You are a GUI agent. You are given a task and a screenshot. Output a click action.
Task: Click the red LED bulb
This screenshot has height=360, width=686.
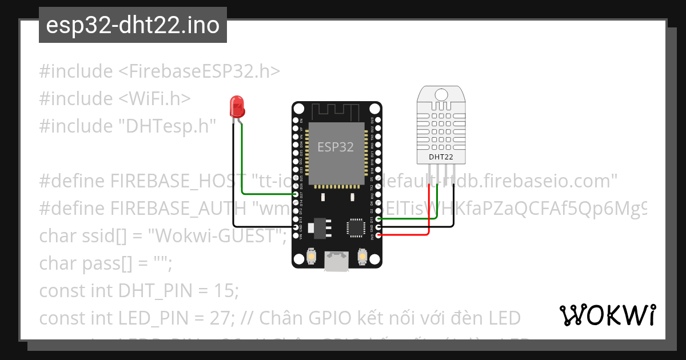(x=236, y=106)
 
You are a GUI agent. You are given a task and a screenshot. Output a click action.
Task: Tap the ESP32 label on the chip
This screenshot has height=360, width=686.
(x=336, y=147)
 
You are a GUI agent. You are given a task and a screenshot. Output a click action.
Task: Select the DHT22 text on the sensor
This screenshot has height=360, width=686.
(x=441, y=156)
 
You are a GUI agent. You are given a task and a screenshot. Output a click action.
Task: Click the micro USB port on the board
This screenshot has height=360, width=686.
(x=336, y=261)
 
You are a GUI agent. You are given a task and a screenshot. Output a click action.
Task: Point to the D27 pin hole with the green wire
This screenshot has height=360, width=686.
(x=296, y=194)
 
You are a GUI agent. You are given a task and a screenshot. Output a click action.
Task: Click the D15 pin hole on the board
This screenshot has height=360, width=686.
(x=377, y=219)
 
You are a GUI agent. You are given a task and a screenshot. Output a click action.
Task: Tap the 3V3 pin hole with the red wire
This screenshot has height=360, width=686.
(x=377, y=235)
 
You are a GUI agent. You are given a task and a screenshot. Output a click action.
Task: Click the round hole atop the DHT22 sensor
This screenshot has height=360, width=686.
(x=441, y=93)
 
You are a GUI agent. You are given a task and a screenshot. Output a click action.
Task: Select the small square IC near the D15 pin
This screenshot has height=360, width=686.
(x=354, y=227)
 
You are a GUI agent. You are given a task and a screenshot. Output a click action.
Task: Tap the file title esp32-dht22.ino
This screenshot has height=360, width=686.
(x=133, y=25)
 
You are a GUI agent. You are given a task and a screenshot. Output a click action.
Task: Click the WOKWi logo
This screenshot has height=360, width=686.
(x=607, y=315)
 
